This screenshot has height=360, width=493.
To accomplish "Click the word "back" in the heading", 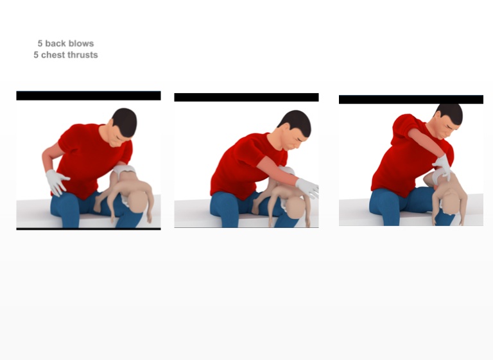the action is (56, 44).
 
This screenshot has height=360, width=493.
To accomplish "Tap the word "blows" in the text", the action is (81, 44).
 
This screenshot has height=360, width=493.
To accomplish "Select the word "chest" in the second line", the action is (53, 55).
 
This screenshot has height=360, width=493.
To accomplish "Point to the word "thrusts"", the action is (82, 55).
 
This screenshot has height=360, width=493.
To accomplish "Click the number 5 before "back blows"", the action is (40, 44).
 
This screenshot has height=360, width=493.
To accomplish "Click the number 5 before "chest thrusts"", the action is (36, 55).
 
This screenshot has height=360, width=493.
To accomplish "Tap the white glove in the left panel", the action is (57, 182).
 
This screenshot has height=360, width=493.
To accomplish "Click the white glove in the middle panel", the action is (307, 188).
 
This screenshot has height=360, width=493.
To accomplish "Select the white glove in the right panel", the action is (443, 167).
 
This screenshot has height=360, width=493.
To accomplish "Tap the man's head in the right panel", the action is (447, 121).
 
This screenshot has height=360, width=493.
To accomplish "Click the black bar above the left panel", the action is (89, 96).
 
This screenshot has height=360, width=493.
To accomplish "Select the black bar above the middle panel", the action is (246, 97).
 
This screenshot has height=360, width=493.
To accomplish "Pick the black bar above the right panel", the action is (411, 99).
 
